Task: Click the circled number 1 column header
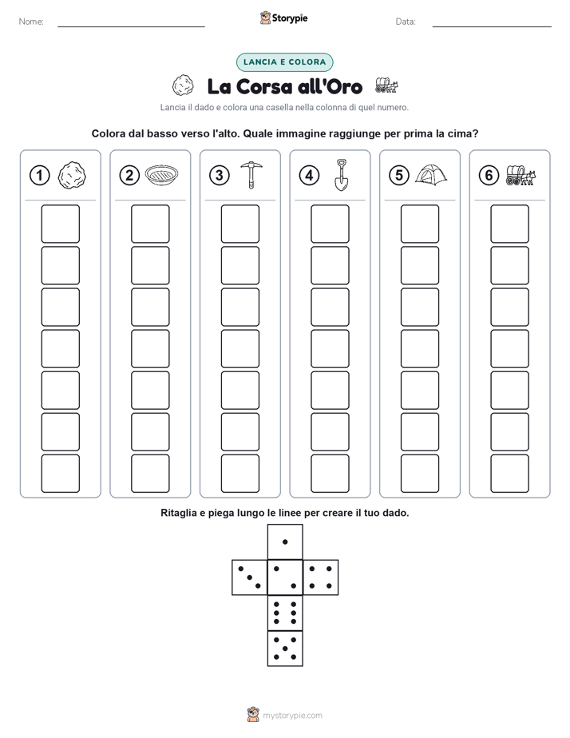click(x=39, y=176)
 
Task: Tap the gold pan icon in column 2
click(x=162, y=175)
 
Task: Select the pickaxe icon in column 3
click(x=251, y=175)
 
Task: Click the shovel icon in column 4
click(x=342, y=175)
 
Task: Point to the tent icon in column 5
click(x=431, y=175)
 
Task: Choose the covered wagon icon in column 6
click(x=521, y=175)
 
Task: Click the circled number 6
click(x=489, y=176)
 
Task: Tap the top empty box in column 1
click(x=60, y=224)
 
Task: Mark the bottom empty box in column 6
click(x=509, y=474)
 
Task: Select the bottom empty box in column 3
click(x=239, y=474)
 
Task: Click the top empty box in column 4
click(x=330, y=224)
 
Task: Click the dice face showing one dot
click(x=285, y=542)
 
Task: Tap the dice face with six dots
click(x=285, y=613)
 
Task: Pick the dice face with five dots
click(x=285, y=648)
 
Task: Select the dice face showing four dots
click(x=321, y=577)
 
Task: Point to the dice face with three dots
click(x=250, y=577)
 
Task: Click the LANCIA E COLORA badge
click(x=284, y=62)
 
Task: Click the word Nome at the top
click(x=31, y=22)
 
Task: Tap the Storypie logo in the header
click(x=283, y=18)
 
